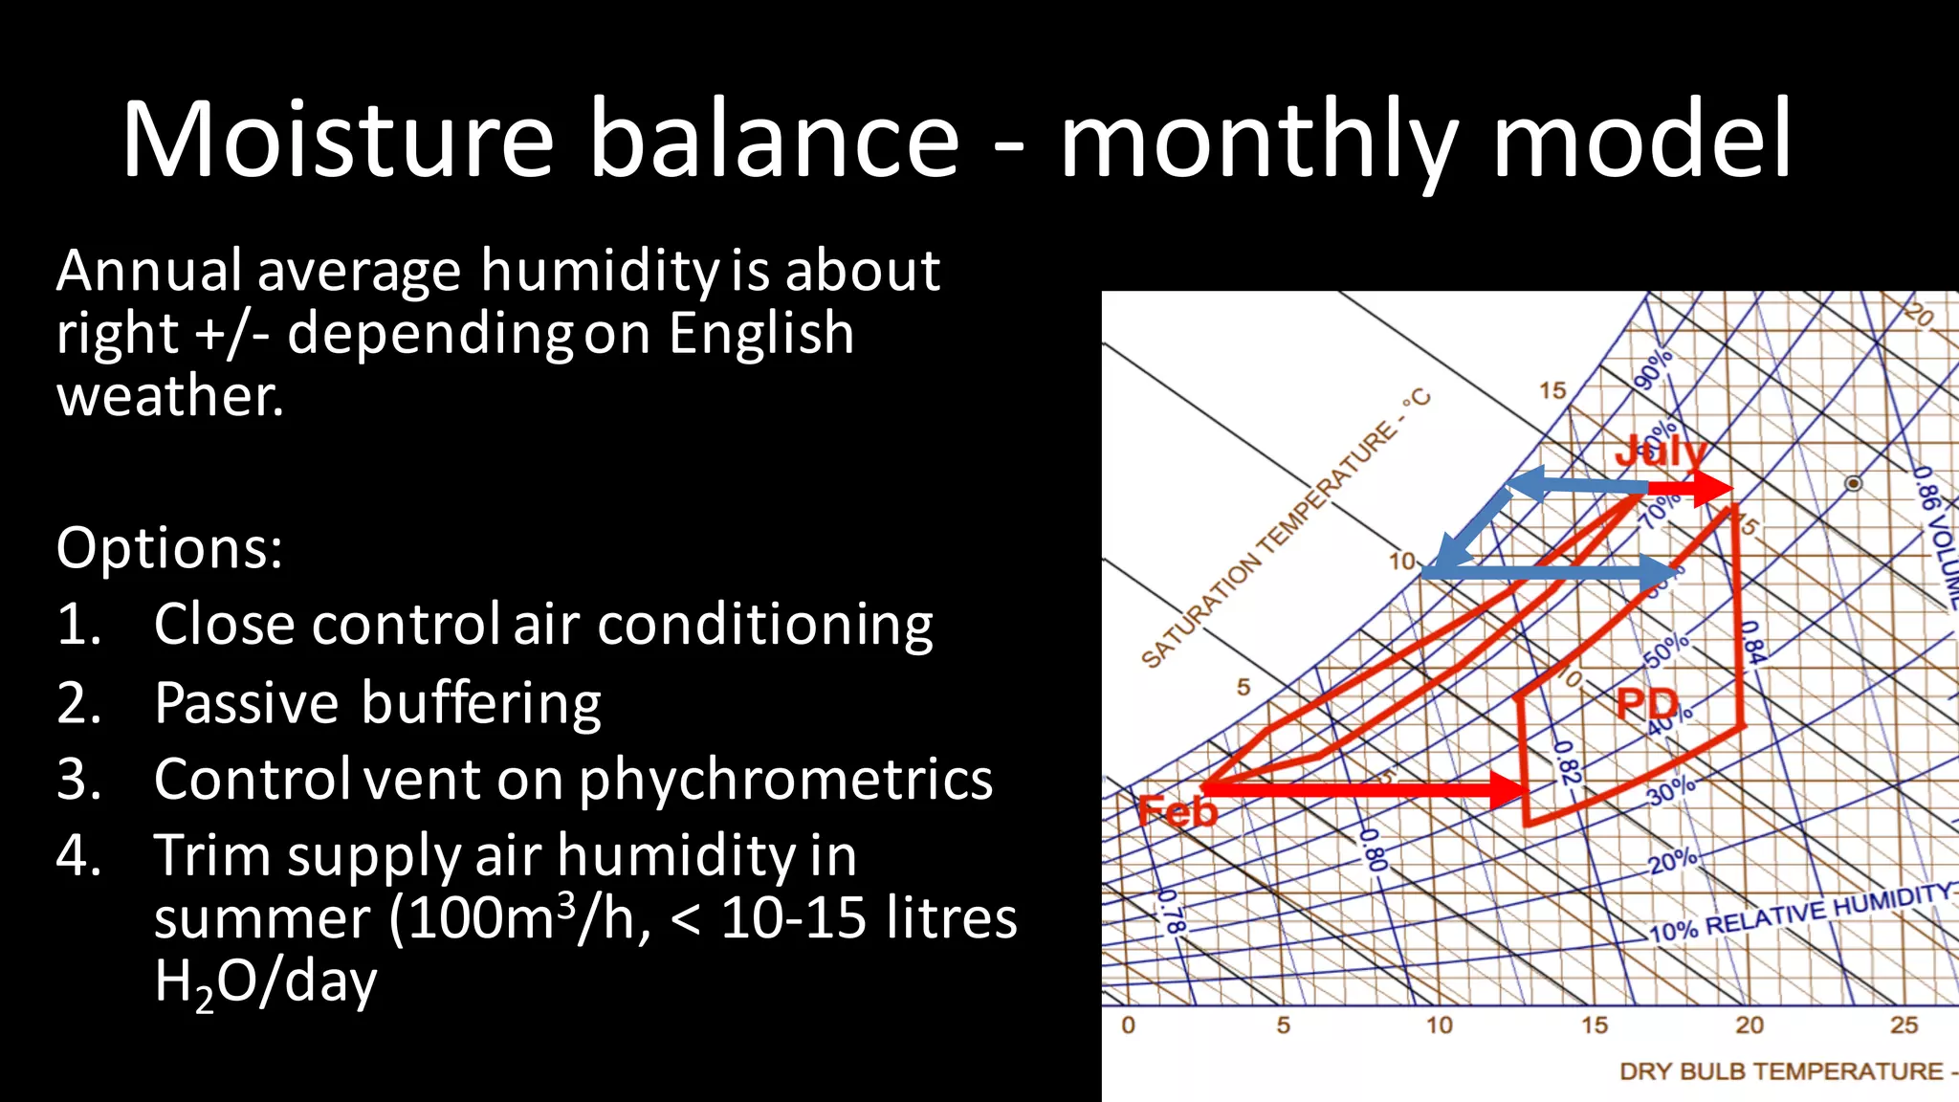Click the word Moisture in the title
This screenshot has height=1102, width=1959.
click(x=337, y=139)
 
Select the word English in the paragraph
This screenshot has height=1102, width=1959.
click(x=760, y=333)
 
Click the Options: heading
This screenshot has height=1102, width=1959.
click(x=169, y=548)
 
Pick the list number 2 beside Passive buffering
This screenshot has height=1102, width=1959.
click(x=78, y=703)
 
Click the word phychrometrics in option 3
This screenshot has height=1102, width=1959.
click(x=785, y=780)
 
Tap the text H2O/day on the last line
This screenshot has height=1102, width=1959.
click(x=265, y=981)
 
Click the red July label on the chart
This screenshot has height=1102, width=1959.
click(x=1660, y=450)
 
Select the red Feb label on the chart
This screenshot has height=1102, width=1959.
click(x=1178, y=812)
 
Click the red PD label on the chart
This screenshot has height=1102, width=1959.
click(x=1647, y=705)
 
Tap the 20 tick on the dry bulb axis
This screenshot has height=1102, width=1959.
click(x=1749, y=1025)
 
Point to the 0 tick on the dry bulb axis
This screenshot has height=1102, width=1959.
click(x=1129, y=1025)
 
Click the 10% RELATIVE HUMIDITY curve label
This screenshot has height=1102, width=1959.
click(x=1798, y=913)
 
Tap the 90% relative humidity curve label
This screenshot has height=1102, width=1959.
click(x=1653, y=368)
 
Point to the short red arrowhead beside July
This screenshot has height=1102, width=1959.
click(x=1712, y=488)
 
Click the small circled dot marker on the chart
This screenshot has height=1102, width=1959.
click(x=1853, y=483)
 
